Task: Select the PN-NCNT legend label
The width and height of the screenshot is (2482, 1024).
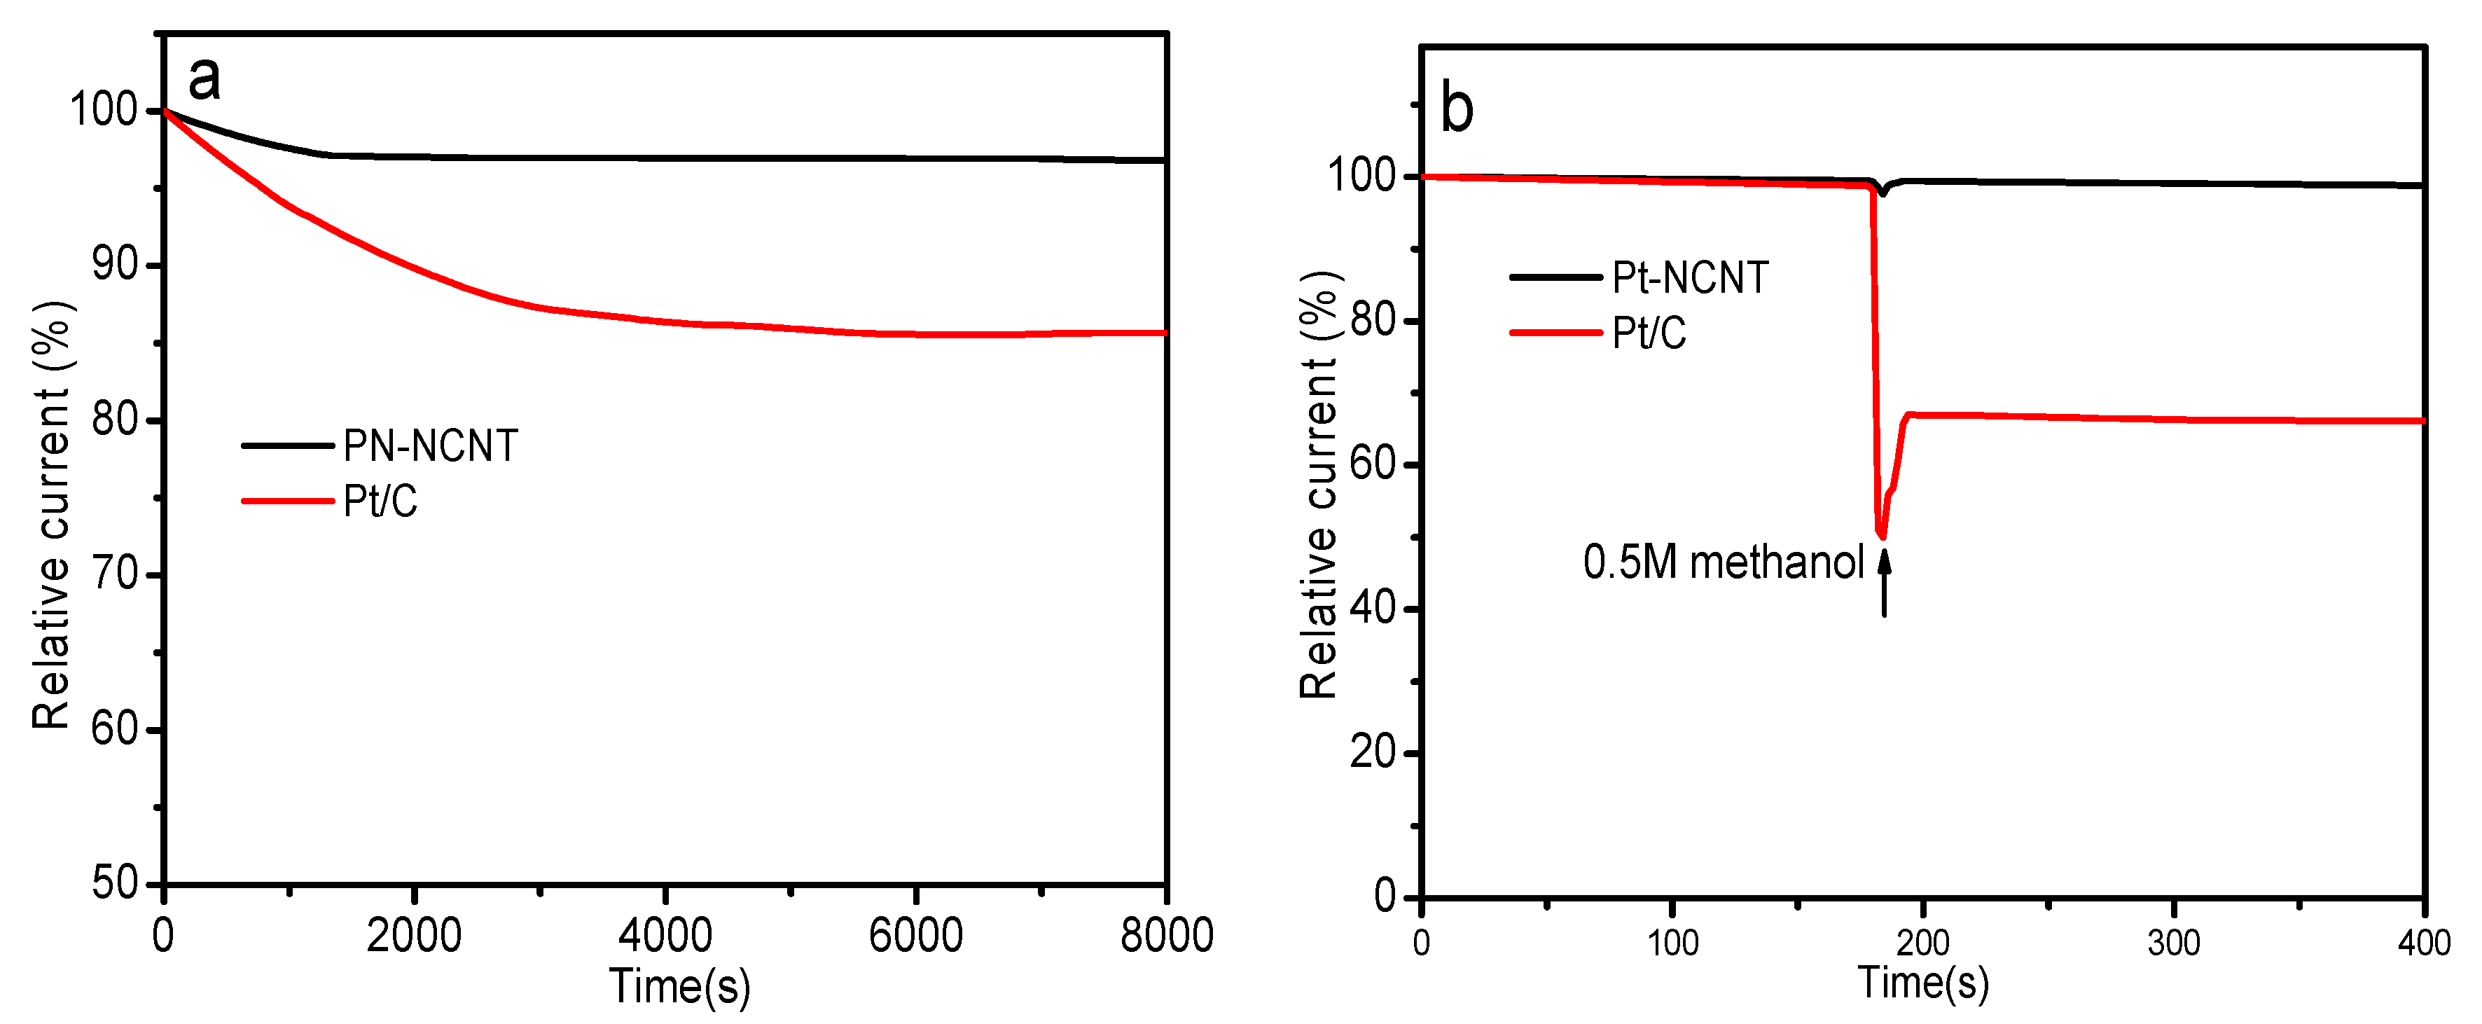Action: click(431, 446)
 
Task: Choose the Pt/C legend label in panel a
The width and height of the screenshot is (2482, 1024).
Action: click(380, 501)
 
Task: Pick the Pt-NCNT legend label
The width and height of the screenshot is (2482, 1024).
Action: click(1690, 278)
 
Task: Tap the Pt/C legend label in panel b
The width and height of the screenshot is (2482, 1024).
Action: click(1649, 333)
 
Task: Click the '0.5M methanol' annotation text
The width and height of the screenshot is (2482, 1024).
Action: click(1723, 562)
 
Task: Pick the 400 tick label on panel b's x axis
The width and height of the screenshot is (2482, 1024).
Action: click(2423, 942)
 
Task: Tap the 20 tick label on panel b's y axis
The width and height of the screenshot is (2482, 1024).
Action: click(1373, 752)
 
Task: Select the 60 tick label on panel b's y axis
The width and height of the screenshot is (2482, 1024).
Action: click(1373, 464)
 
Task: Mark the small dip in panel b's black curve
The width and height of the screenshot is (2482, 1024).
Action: click(1882, 192)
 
